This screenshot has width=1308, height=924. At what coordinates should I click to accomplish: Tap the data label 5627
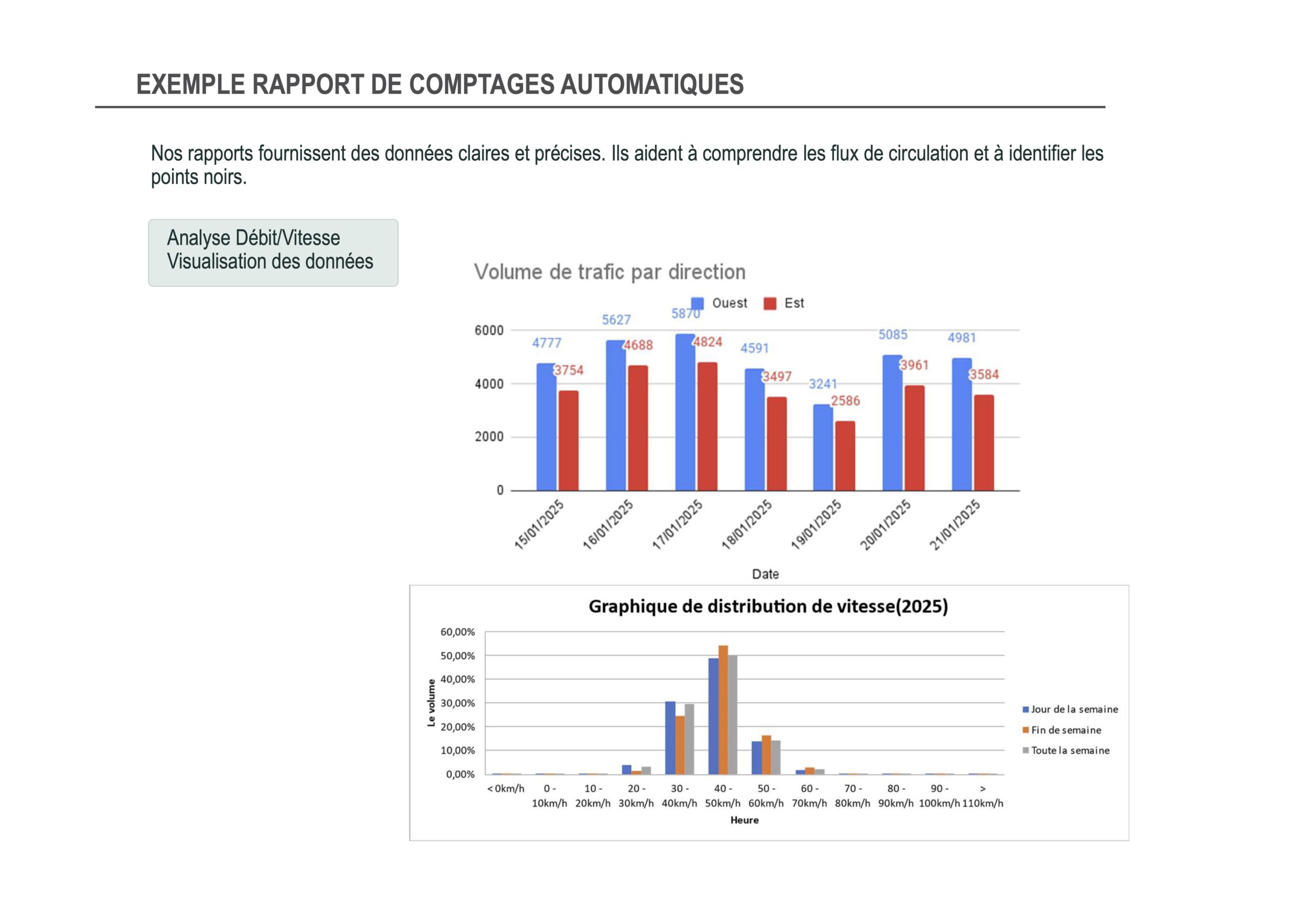pyautogui.click(x=616, y=320)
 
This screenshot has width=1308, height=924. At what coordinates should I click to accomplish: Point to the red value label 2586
pyautogui.click(x=846, y=401)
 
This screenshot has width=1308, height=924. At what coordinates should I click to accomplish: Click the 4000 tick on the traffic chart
pyautogui.click(x=489, y=384)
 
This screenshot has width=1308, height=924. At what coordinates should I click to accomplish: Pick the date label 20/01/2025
pyautogui.click(x=885, y=525)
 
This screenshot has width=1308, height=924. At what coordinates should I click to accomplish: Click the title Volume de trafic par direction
pyautogui.click(x=610, y=272)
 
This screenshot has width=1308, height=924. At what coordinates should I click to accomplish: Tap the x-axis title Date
pyautogui.click(x=765, y=574)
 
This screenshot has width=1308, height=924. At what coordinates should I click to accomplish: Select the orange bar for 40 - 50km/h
pyautogui.click(x=723, y=710)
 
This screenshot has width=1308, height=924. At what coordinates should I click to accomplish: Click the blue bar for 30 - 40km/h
pyautogui.click(x=670, y=738)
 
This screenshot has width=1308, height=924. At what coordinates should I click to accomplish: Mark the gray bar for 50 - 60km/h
pyautogui.click(x=775, y=757)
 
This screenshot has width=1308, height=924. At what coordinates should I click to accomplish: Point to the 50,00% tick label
pyautogui.click(x=457, y=656)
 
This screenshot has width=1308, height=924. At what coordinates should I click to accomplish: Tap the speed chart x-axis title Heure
pyautogui.click(x=744, y=820)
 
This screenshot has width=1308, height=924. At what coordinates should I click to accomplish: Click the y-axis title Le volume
pyautogui.click(x=431, y=702)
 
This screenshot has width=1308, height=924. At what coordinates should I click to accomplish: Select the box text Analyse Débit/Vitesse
pyautogui.click(x=253, y=238)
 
